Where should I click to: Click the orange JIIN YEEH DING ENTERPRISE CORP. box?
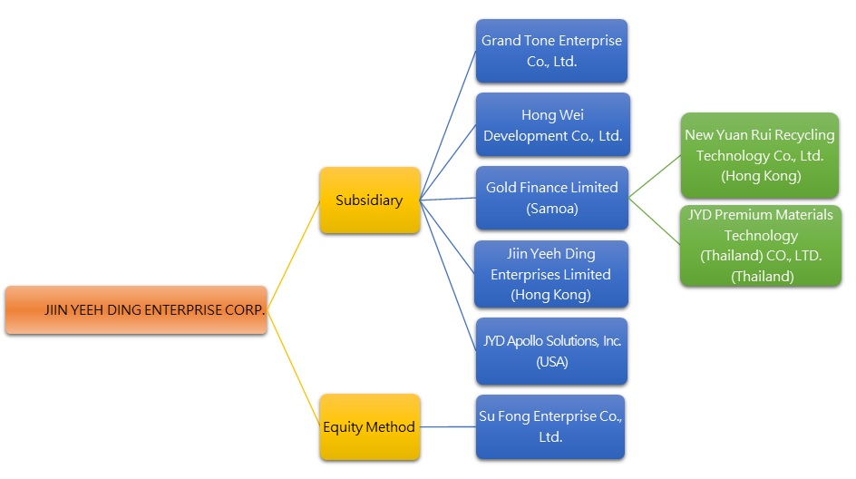click(x=136, y=310)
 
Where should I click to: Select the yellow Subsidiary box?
click(x=369, y=200)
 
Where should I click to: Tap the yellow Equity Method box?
click(x=369, y=426)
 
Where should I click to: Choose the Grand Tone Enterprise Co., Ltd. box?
click(x=551, y=52)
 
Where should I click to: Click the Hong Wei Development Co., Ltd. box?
click(x=551, y=125)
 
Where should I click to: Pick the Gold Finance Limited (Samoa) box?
click(x=551, y=198)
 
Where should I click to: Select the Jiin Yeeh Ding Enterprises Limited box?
click(x=551, y=274)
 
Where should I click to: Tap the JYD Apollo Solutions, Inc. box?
click(x=551, y=350)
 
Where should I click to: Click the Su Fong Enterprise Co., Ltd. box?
click(x=551, y=426)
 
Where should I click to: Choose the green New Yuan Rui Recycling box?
click(x=760, y=155)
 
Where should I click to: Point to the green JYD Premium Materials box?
click(x=760, y=245)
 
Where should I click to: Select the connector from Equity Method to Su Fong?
click(x=448, y=426)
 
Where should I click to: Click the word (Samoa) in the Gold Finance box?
click(x=551, y=209)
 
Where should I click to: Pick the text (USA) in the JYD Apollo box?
click(x=551, y=361)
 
